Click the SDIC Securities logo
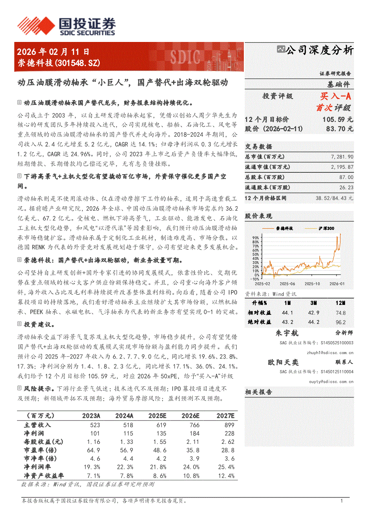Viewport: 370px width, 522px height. tap(66, 26)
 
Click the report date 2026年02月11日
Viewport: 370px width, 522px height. tap(53, 52)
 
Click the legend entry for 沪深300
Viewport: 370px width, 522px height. tap(326, 228)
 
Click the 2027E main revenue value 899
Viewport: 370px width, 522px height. tap(229, 425)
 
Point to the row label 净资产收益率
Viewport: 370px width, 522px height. tap(44, 476)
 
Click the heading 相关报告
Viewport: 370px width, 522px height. tap(259, 392)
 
